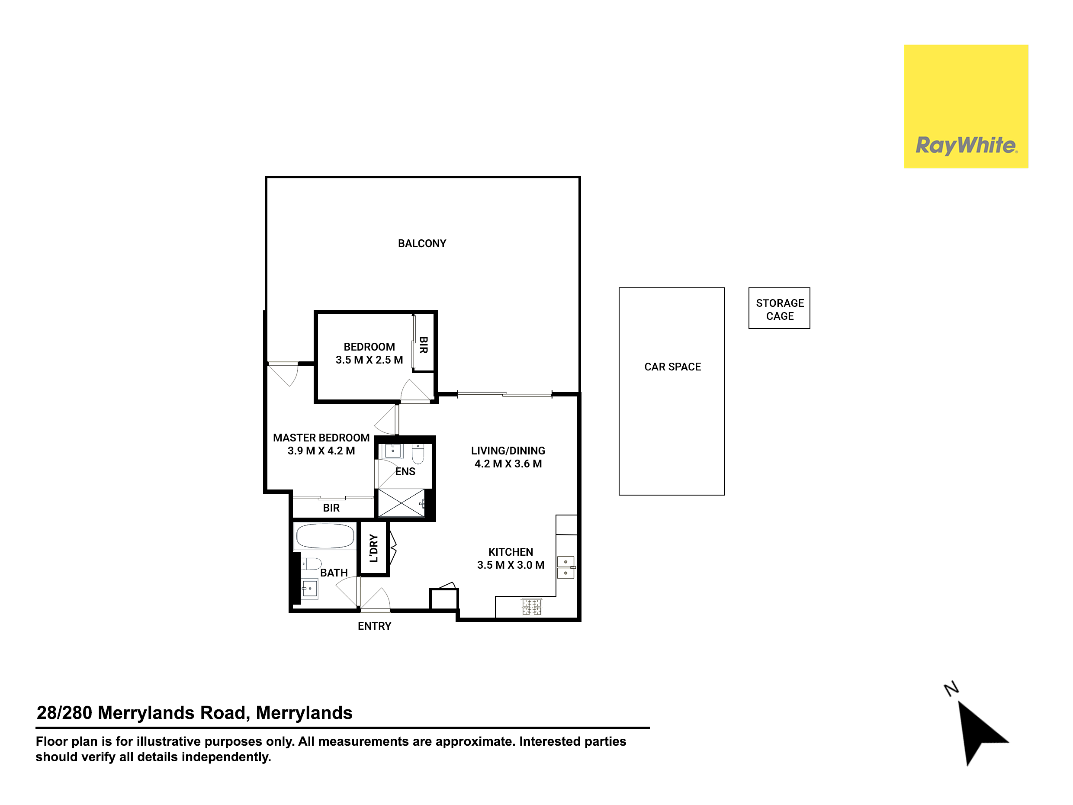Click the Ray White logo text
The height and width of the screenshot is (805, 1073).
[966, 145]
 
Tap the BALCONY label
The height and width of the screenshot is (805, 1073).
[422, 244]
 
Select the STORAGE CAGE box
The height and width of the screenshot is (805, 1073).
[779, 308]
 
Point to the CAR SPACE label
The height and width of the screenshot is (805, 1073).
[672, 367]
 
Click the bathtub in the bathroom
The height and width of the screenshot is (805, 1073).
[325, 536]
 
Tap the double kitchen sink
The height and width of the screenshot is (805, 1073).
[565, 568]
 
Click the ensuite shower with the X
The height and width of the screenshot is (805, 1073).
[401, 503]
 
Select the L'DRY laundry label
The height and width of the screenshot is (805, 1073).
[373, 548]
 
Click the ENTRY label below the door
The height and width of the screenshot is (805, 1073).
[375, 626]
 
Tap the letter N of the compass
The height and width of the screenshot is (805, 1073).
[951, 689]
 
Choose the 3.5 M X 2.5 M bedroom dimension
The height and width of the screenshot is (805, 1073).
[369, 360]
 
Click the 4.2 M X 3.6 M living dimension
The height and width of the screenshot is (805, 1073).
[508, 464]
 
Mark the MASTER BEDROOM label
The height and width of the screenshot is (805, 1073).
[321, 438]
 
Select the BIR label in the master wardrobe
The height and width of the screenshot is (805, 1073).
[331, 508]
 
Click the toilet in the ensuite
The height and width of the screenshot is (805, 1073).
[418, 453]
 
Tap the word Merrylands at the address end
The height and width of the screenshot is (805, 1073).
[304, 713]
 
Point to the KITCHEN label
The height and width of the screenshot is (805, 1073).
[511, 552]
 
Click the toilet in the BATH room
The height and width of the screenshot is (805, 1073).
[311, 564]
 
